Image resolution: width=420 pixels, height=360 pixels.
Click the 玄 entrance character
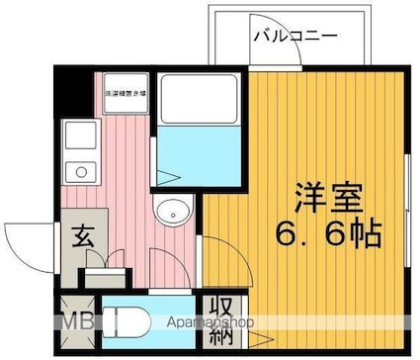80,237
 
